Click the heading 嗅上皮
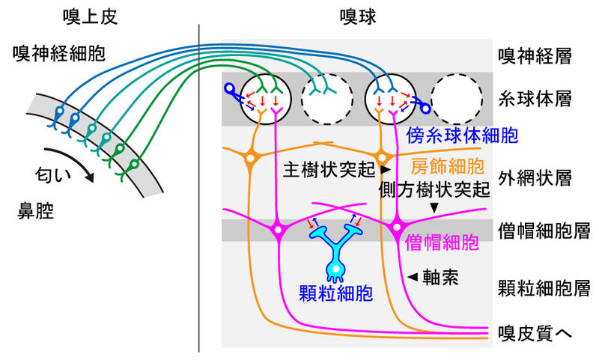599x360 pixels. [x=88, y=14]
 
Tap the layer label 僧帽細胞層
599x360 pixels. [x=540, y=228]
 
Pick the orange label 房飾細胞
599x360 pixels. [x=448, y=165]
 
